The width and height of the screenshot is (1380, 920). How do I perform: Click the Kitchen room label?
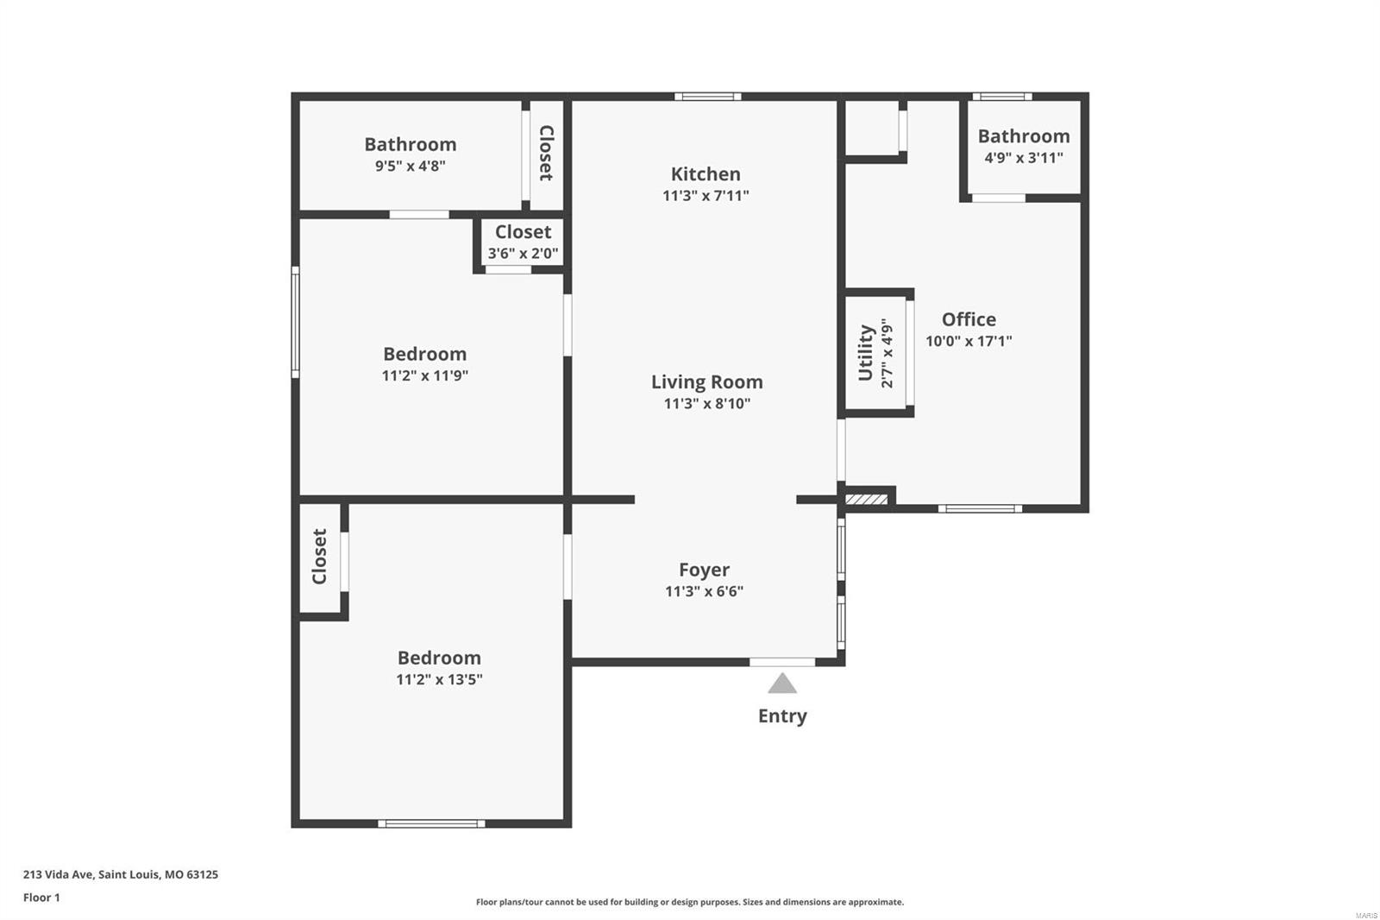(x=706, y=174)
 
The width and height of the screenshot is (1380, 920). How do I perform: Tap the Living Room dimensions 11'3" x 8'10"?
(x=706, y=404)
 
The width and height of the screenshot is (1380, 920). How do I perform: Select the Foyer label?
(x=704, y=570)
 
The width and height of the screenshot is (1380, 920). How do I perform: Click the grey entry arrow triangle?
(x=782, y=684)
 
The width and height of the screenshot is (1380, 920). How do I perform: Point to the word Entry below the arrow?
(x=782, y=716)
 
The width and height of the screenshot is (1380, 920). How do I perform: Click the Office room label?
(x=969, y=319)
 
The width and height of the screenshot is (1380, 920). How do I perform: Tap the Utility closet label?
(x=866, y=352)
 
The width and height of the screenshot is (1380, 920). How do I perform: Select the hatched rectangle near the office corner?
(x=866, y=499)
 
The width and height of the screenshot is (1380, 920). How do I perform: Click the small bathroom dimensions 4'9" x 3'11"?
(x=1023, y=158)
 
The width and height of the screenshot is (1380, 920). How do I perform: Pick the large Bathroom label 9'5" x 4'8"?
(x=410, y=145)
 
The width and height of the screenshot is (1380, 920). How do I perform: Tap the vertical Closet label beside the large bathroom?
(x=546, y=153)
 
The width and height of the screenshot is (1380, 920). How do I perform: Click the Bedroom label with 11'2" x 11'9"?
(x=424, y=354)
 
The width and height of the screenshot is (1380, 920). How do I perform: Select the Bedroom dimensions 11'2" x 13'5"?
(x=439, y=679)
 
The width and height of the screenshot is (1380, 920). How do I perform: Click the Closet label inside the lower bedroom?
(x=320, y=557)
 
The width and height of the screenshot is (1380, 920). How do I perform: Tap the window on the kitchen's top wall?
(x=707, y=97)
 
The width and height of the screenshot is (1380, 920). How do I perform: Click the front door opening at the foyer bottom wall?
(x=781, y=662)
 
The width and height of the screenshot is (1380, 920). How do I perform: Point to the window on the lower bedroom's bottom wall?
(x=431, y=823)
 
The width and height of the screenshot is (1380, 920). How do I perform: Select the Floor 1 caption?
(x=41, y=898)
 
